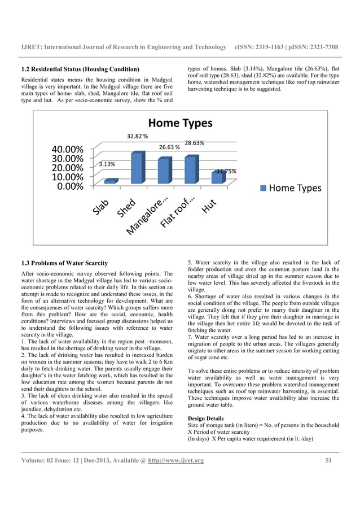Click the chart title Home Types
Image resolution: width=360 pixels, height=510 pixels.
pos(180,123)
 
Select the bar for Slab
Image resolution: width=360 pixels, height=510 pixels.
pos(111,181)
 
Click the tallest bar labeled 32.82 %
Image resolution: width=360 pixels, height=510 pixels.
pos(137,168)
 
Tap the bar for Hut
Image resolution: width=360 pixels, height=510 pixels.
pos(217,178)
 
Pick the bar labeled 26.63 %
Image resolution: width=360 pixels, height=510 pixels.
pos(164,171)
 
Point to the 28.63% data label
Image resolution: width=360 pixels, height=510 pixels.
pos(195,143)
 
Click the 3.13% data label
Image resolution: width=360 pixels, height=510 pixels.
pos(107,164)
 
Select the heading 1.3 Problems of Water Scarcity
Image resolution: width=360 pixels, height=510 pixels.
pos(68,263)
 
